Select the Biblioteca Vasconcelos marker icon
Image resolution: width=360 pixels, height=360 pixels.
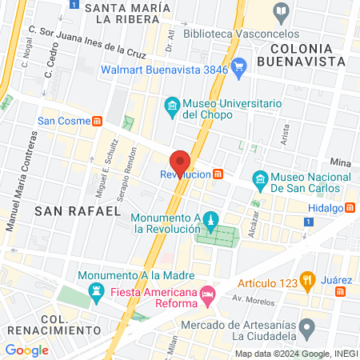(x=281, y=11)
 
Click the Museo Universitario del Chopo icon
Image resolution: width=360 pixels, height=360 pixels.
(x=171, y=106)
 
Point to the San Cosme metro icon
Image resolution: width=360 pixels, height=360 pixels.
(x=97, y=122)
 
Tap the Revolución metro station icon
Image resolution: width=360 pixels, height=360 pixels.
(x=218, y=174)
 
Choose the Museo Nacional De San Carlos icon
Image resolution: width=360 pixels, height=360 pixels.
(x=259, y=178)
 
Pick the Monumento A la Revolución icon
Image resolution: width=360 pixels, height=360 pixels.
(x=210, y=219)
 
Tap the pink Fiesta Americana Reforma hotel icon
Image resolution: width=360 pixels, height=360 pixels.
(x=207, y=294)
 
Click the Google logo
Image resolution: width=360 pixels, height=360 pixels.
(x=26, y=350)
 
